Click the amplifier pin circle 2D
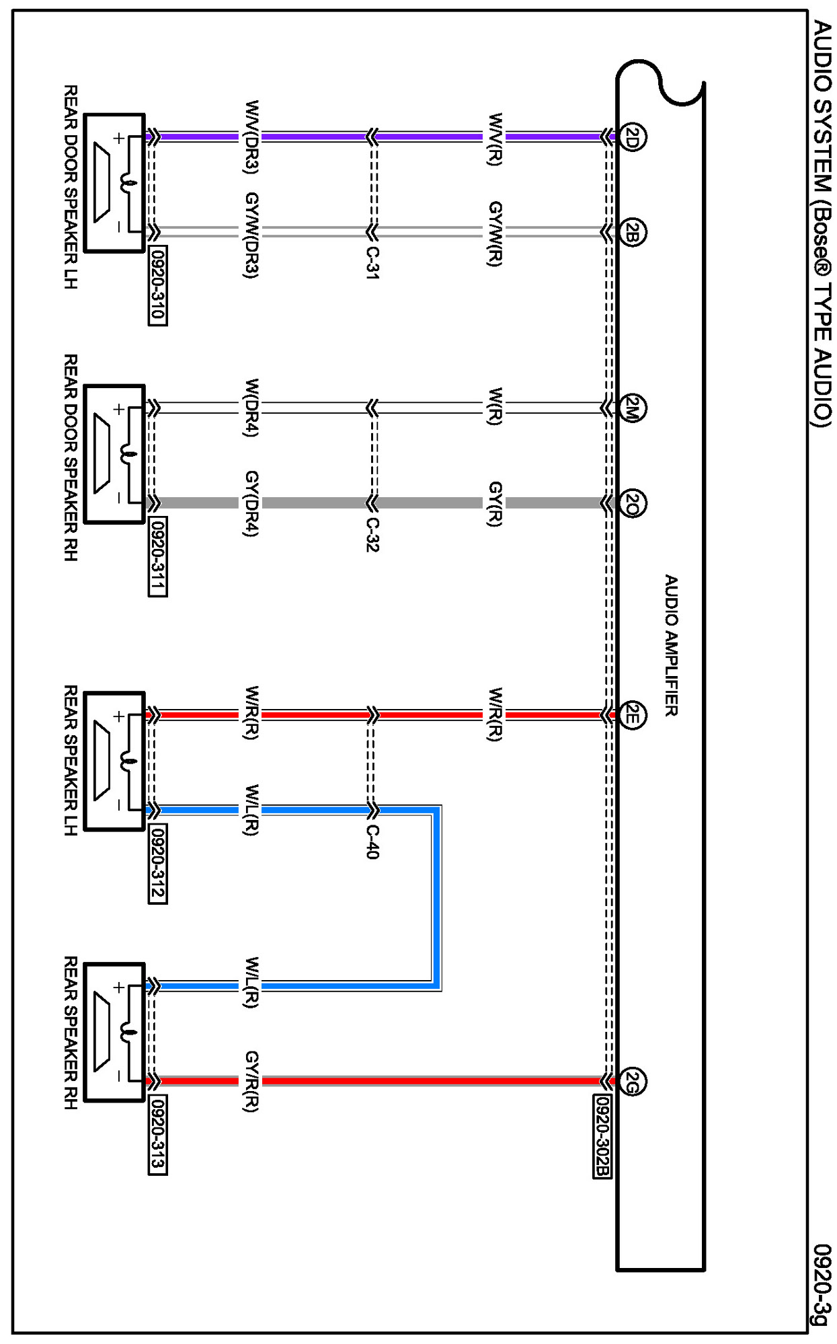tap(632, 137)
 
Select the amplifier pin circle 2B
tap(632, 233)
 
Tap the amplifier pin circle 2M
tap(632, 408)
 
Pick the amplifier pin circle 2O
tap(632, 503)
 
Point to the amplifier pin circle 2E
tap(632, 714)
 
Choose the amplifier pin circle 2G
tap(632, 1082)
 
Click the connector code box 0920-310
tap(157, 286)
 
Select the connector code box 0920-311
tap(157, 556)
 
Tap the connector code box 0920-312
tap(157, 864)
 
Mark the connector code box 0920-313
tap(157, 1135)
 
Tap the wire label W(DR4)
tap(251, 408)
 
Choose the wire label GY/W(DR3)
tap(251, 235)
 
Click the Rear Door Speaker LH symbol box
tap(115, 183)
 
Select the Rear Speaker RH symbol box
tap(115, 1033)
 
